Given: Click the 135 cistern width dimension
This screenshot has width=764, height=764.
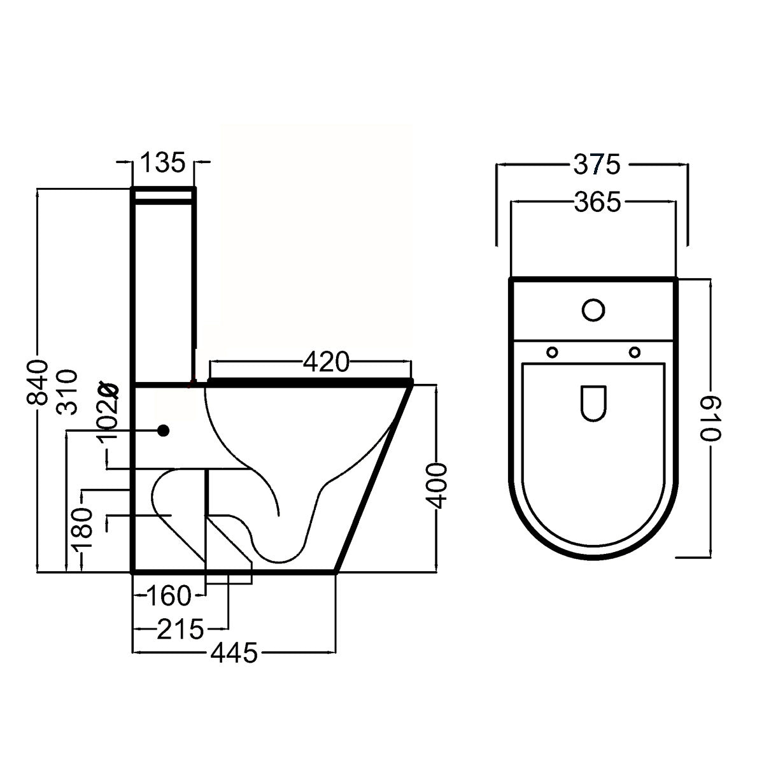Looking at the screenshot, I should coord(162,162).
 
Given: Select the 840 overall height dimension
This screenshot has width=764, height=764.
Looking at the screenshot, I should coord(38,382).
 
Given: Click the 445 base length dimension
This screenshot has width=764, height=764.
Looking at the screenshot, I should coord(235,653).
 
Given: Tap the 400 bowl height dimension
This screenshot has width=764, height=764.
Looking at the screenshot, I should coord(436,486).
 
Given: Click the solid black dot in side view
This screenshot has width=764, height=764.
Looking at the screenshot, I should coord(164,431).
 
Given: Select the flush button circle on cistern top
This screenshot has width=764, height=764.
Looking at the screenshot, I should coord(593,310).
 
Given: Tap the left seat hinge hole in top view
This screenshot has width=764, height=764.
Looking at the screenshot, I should coord(552,351).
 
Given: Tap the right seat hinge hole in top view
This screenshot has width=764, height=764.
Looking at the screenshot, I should coord(634,351).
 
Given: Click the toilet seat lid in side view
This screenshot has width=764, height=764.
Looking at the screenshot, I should coord(310,382).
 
